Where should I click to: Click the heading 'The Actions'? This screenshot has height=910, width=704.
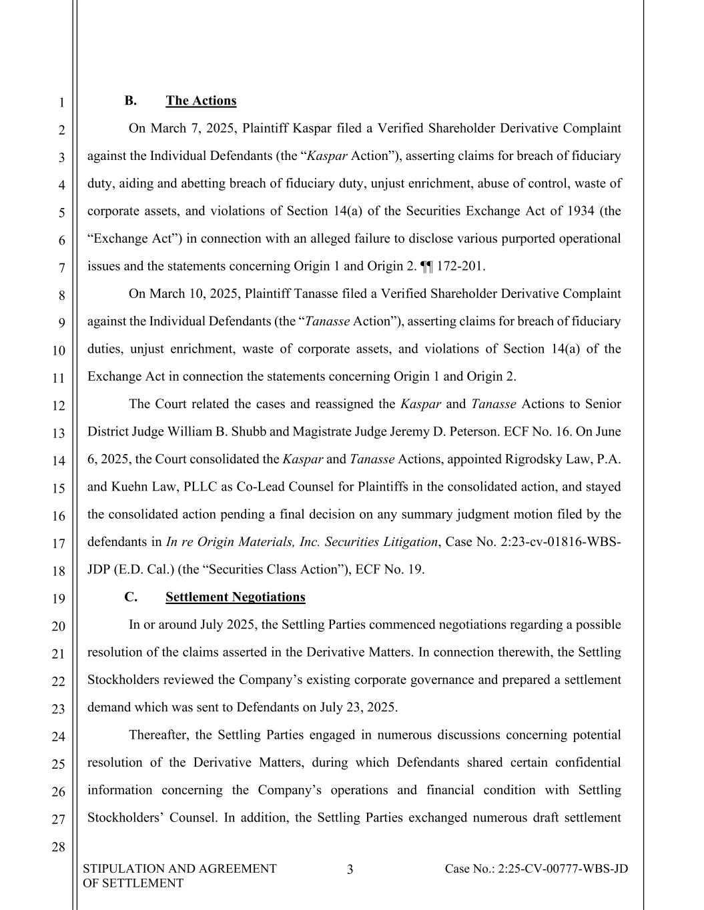pos(201,101)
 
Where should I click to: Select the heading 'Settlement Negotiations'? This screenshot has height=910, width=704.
pos(235,597)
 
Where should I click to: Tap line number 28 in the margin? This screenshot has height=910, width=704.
pos(59,847)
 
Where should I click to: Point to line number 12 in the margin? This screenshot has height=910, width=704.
pos(59,405)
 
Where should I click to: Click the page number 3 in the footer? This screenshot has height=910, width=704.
pos(350,869)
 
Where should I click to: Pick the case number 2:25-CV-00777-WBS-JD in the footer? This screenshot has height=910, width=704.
pos(537,869)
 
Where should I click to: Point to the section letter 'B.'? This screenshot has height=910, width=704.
pos(131,101)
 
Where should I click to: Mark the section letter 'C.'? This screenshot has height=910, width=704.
pos(131,597)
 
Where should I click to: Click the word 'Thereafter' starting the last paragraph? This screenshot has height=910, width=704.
pos(159,735)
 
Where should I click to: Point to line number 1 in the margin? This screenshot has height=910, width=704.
pos(61,103)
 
